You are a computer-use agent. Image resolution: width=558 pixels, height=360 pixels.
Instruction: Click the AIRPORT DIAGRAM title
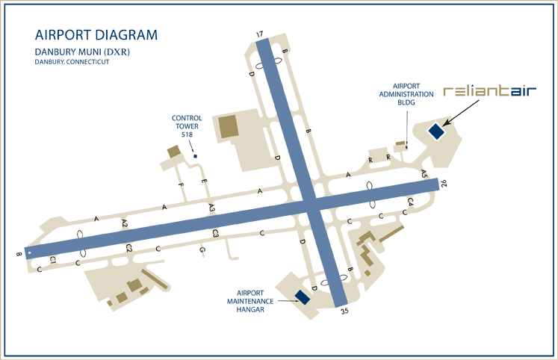[96, 35]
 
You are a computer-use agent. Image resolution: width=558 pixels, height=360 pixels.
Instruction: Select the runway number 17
[259, 34]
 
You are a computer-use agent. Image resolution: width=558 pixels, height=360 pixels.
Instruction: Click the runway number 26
[443, 182]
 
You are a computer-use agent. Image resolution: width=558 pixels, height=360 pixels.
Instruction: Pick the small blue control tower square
[195, 156]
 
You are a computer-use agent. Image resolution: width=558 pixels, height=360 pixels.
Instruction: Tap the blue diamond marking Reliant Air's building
[435, 131]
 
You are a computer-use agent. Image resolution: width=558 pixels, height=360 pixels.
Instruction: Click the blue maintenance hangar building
[303, 297]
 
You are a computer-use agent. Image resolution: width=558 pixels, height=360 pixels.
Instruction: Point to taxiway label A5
[424, 173]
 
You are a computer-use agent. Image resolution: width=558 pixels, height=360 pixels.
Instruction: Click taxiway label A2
[125, 223]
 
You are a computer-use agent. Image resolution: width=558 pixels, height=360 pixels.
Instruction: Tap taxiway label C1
[52, 259]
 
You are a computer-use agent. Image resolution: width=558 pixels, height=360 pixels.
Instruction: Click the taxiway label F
[180, 184]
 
